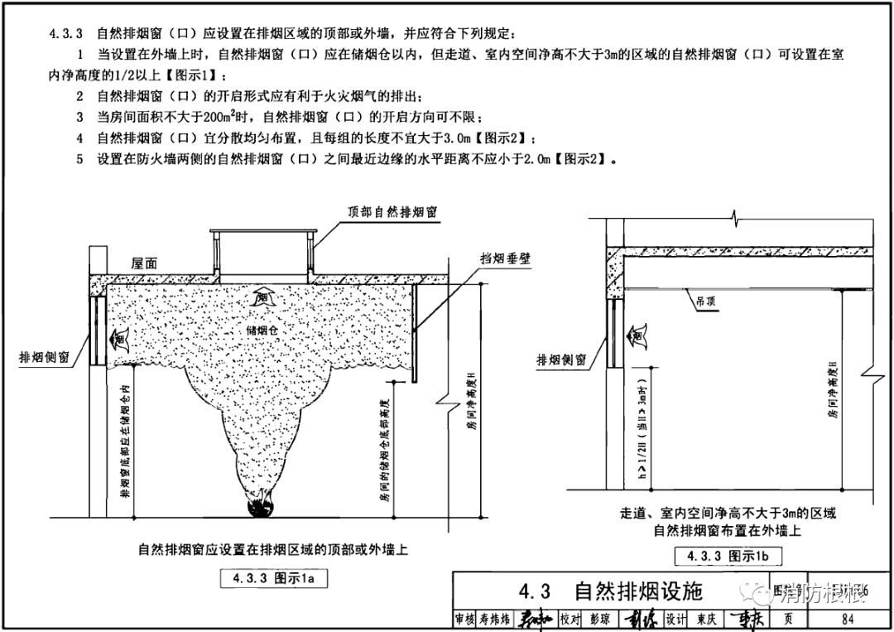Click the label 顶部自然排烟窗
(392, 211)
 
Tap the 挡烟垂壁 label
(505, 258)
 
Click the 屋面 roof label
(145, 263)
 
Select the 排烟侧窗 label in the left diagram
(50, 357)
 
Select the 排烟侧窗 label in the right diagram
(561, 360)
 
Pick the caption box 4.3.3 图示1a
(268, 579)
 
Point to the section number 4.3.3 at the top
(66, 34)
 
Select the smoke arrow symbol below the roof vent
(263, 295)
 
